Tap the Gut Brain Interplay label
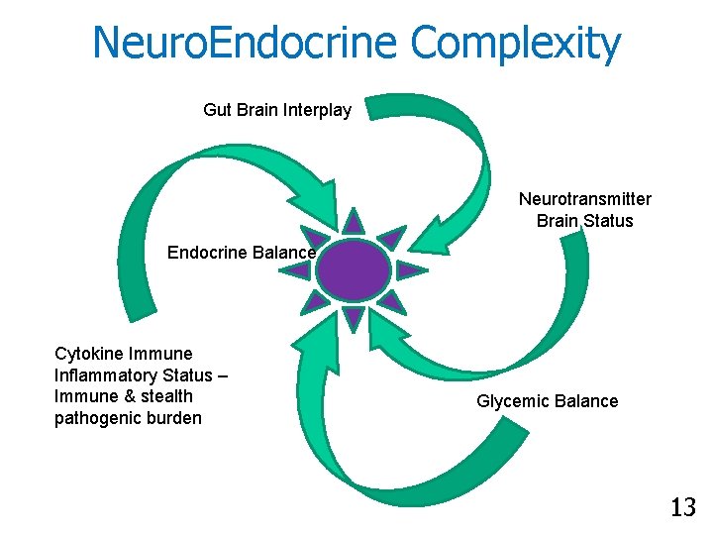pos(277,110)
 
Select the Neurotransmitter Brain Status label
pos(585,210)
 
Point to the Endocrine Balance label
pos(241,253)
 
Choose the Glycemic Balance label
pos(547,401)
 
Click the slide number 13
pos(682,508)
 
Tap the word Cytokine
pos(90,354)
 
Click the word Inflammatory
pos(106,375)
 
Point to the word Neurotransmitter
pos(585,199)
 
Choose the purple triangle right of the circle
pos(410,269)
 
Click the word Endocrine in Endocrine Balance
pos(207,253)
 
